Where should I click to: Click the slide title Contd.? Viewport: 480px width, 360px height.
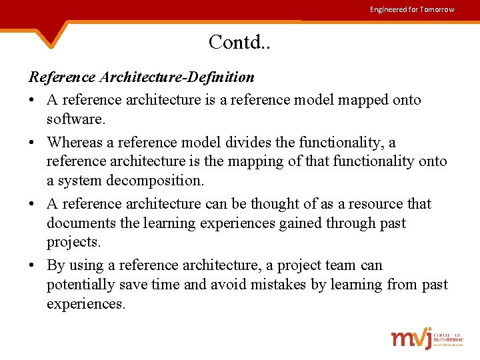click(x=239, y=42)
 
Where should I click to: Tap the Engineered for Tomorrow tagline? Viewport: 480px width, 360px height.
click(x=412, y=9)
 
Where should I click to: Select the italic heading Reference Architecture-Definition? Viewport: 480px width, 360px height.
click(x=141, y=77)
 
